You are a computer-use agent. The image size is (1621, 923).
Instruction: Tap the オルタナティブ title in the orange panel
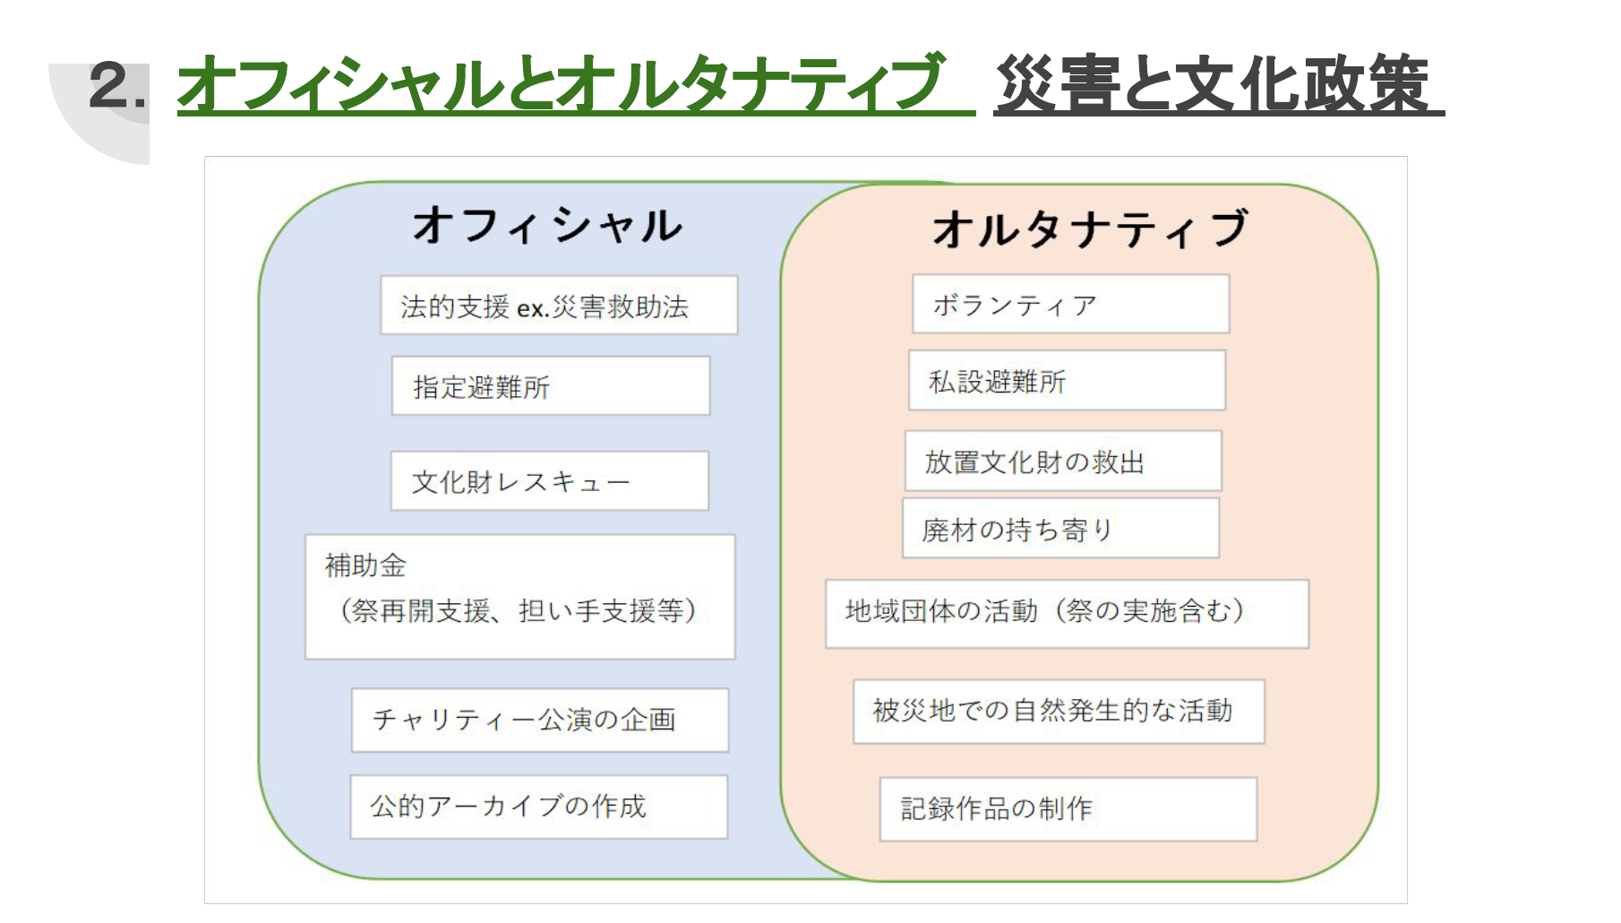pos(1091,229)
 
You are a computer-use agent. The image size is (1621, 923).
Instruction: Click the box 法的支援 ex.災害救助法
pos(559,306)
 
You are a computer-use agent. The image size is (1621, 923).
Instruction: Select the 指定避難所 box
pos(551,386)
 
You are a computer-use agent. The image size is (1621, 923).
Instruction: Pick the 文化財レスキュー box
pos(550,481)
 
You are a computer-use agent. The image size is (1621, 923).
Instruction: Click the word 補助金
pos(365,565)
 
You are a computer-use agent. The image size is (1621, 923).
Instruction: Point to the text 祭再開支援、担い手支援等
pos(519,611)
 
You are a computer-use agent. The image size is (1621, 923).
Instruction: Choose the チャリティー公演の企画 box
pos(540,720)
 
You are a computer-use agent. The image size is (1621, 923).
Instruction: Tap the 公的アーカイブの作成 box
pos(539,807)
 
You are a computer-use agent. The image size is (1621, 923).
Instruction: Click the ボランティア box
pos(1071,305)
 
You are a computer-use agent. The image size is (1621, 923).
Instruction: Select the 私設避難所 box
pos(1068,381)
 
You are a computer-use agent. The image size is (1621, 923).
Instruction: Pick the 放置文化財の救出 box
pos(1063,461)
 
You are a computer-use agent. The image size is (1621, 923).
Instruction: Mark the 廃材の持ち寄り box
pos(1061,529)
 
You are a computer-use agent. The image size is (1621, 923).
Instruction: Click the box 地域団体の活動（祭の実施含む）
pos(1068,614)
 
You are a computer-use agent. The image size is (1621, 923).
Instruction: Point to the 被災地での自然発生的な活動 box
pos(1059,712)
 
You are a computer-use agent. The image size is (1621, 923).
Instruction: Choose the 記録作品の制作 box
pos(1069,809)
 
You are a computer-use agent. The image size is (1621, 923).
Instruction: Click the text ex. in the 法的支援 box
pos(532,308)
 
